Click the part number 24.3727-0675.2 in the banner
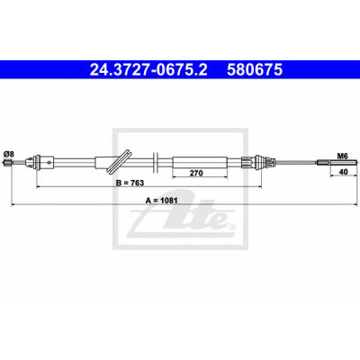point(148,69)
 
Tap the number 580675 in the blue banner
point(255,69)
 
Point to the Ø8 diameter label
point(8,155)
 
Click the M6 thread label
point(342,156)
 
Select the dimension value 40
point(343,172)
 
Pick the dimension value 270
point(196,173)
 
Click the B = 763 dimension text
point(130,183)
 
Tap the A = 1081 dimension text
point(162,201)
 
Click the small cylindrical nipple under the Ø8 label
point(7,163)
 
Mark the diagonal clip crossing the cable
point(120,161)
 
